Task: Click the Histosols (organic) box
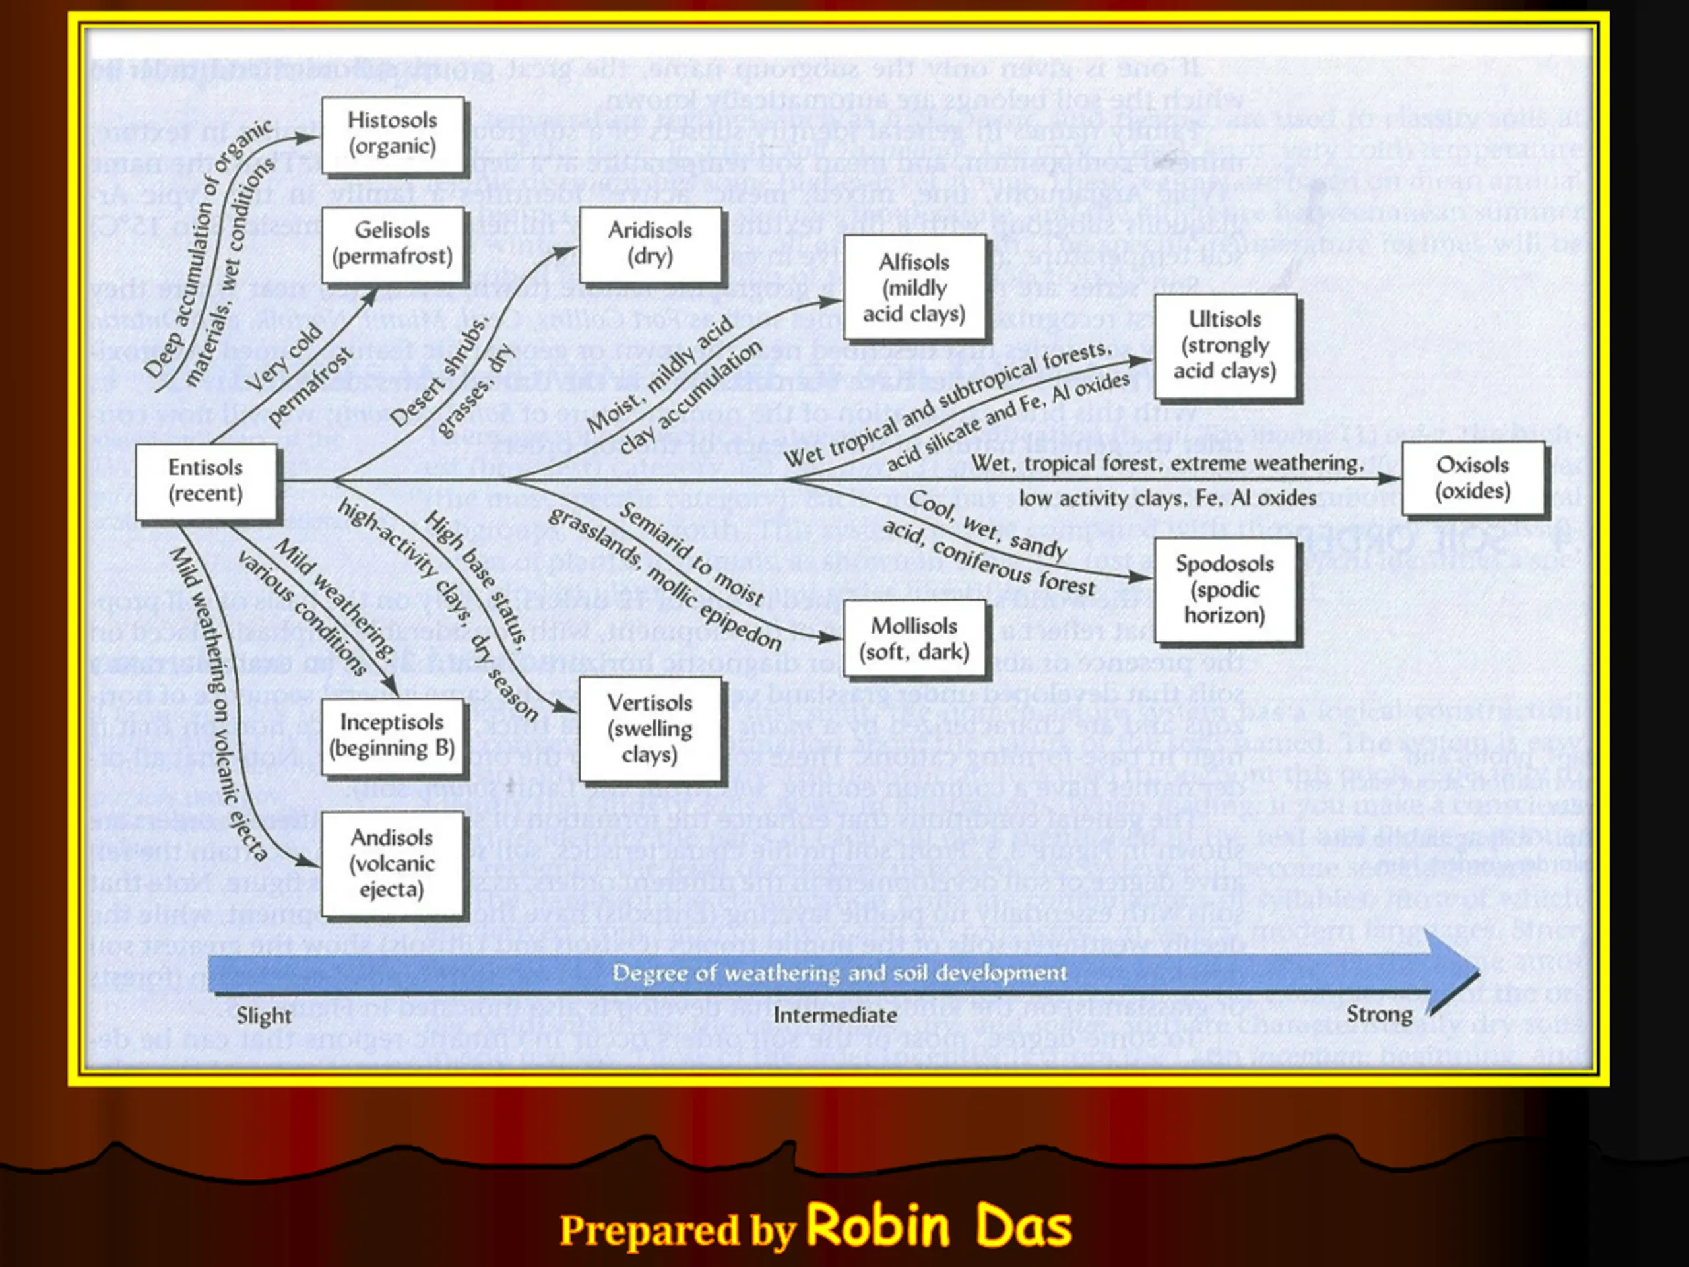[x=393, y=135]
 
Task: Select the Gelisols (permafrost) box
[x=393, y=244]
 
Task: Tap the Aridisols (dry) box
[x=650, y=244]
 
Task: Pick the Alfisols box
[x=914, y=288]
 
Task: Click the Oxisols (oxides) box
[x=1472, y=478]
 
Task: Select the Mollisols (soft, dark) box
[x=914, y=639]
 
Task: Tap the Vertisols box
[x=650, y=729]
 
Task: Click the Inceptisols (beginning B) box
[x=393, y=736]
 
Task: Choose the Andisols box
[x=393, y=863]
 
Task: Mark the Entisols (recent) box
[x=205, y=480]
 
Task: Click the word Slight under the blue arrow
[x=263, y=1016]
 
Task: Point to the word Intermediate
[x=835, y=1015]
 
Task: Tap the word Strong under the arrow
[x=1379, y=1014]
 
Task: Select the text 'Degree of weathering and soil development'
[x=839, y=973]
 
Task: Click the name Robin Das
[x=940, y=1226]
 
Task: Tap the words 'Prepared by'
[x=678, y=1230]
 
